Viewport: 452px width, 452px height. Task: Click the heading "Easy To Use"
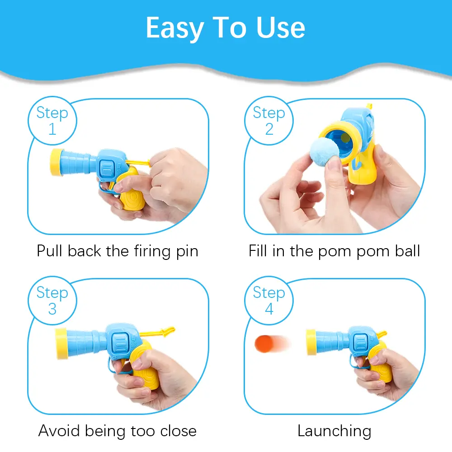(x=226, y=28)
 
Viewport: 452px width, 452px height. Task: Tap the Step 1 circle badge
(x=52, y=121)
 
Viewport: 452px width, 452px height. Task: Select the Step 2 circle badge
(x=269, y=121)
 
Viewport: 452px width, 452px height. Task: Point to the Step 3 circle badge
(x=52, y=301)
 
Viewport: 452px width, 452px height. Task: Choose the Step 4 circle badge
(x=269, y=301)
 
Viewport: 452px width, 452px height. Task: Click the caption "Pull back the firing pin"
(x=118, y=251)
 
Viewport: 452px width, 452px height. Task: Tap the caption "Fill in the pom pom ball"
(x=334, y=251)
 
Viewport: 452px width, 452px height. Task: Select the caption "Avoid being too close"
(x=118, y=431)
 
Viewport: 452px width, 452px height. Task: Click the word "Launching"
(x=334, y=431)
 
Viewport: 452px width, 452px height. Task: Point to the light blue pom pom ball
(x=325, y=151)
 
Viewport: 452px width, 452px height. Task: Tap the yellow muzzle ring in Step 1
(x=56, y=162)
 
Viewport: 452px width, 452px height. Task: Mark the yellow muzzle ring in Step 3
(x=61, y=344)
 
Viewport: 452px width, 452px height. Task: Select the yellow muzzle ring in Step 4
(x=311, y=342)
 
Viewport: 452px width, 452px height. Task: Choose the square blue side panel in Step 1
(x=107, y=168)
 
